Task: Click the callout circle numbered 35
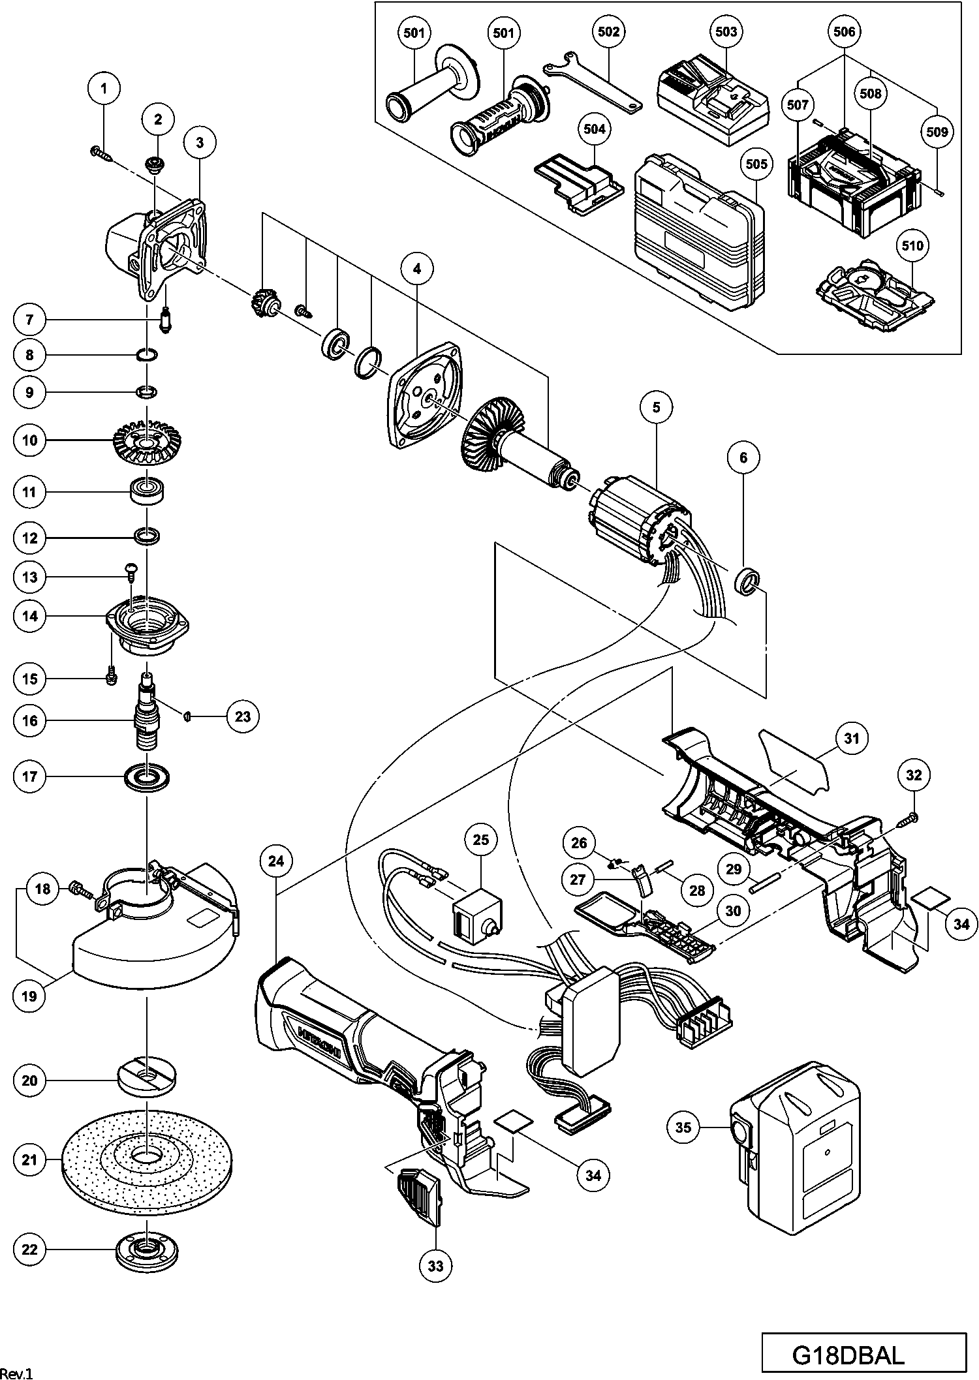click(x=683, y=1127)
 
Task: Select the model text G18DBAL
click(x=848, y=1355)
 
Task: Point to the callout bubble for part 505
click(x=756, y=164)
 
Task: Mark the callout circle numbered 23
click(x=243, y=716)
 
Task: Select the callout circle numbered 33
click(x=435, y=1265)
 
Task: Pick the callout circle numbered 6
click(x=744, y=457)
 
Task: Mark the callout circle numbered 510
click(x=912, y=245)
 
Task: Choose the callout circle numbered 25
click(x=480, y=840)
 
